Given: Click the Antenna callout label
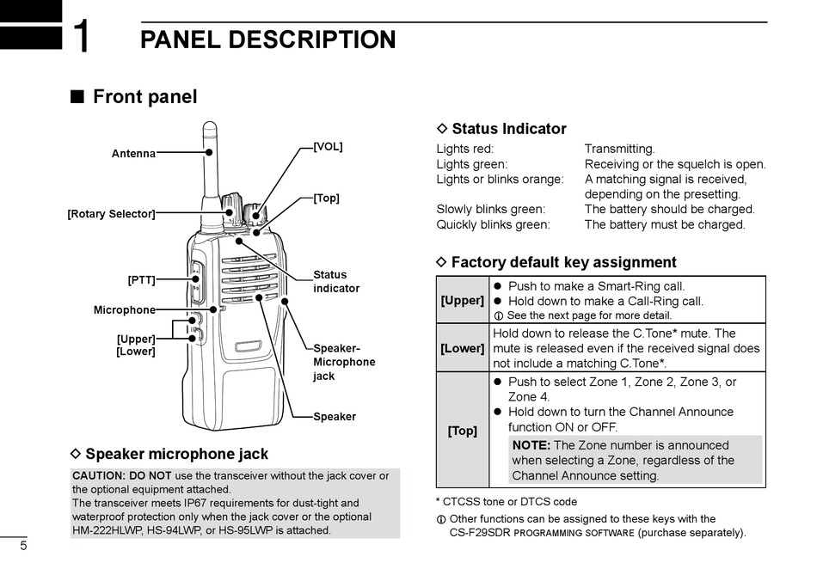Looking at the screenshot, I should point(133,154).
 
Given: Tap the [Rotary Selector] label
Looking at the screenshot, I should point(111,214).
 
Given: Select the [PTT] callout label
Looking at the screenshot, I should point(141,280).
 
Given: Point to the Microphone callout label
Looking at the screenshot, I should point(125,310).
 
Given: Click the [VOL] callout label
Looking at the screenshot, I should point(328,147).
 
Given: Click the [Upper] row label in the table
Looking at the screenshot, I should point(463,301).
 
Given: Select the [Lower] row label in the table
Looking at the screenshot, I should point(463,348).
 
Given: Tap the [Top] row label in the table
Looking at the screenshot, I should point(463,431).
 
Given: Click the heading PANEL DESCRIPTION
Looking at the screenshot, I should point(267,40).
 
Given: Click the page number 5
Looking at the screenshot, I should point(23,547).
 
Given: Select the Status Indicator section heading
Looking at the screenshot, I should point(508,129).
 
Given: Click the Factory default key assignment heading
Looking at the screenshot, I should point(563,262).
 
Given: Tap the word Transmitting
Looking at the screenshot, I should point(619,149).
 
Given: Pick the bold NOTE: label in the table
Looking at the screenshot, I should point(531,445).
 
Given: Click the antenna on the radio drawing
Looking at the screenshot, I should point(209,163).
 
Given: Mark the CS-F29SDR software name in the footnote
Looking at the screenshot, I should point(480,533).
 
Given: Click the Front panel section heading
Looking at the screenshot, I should point(144,97).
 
